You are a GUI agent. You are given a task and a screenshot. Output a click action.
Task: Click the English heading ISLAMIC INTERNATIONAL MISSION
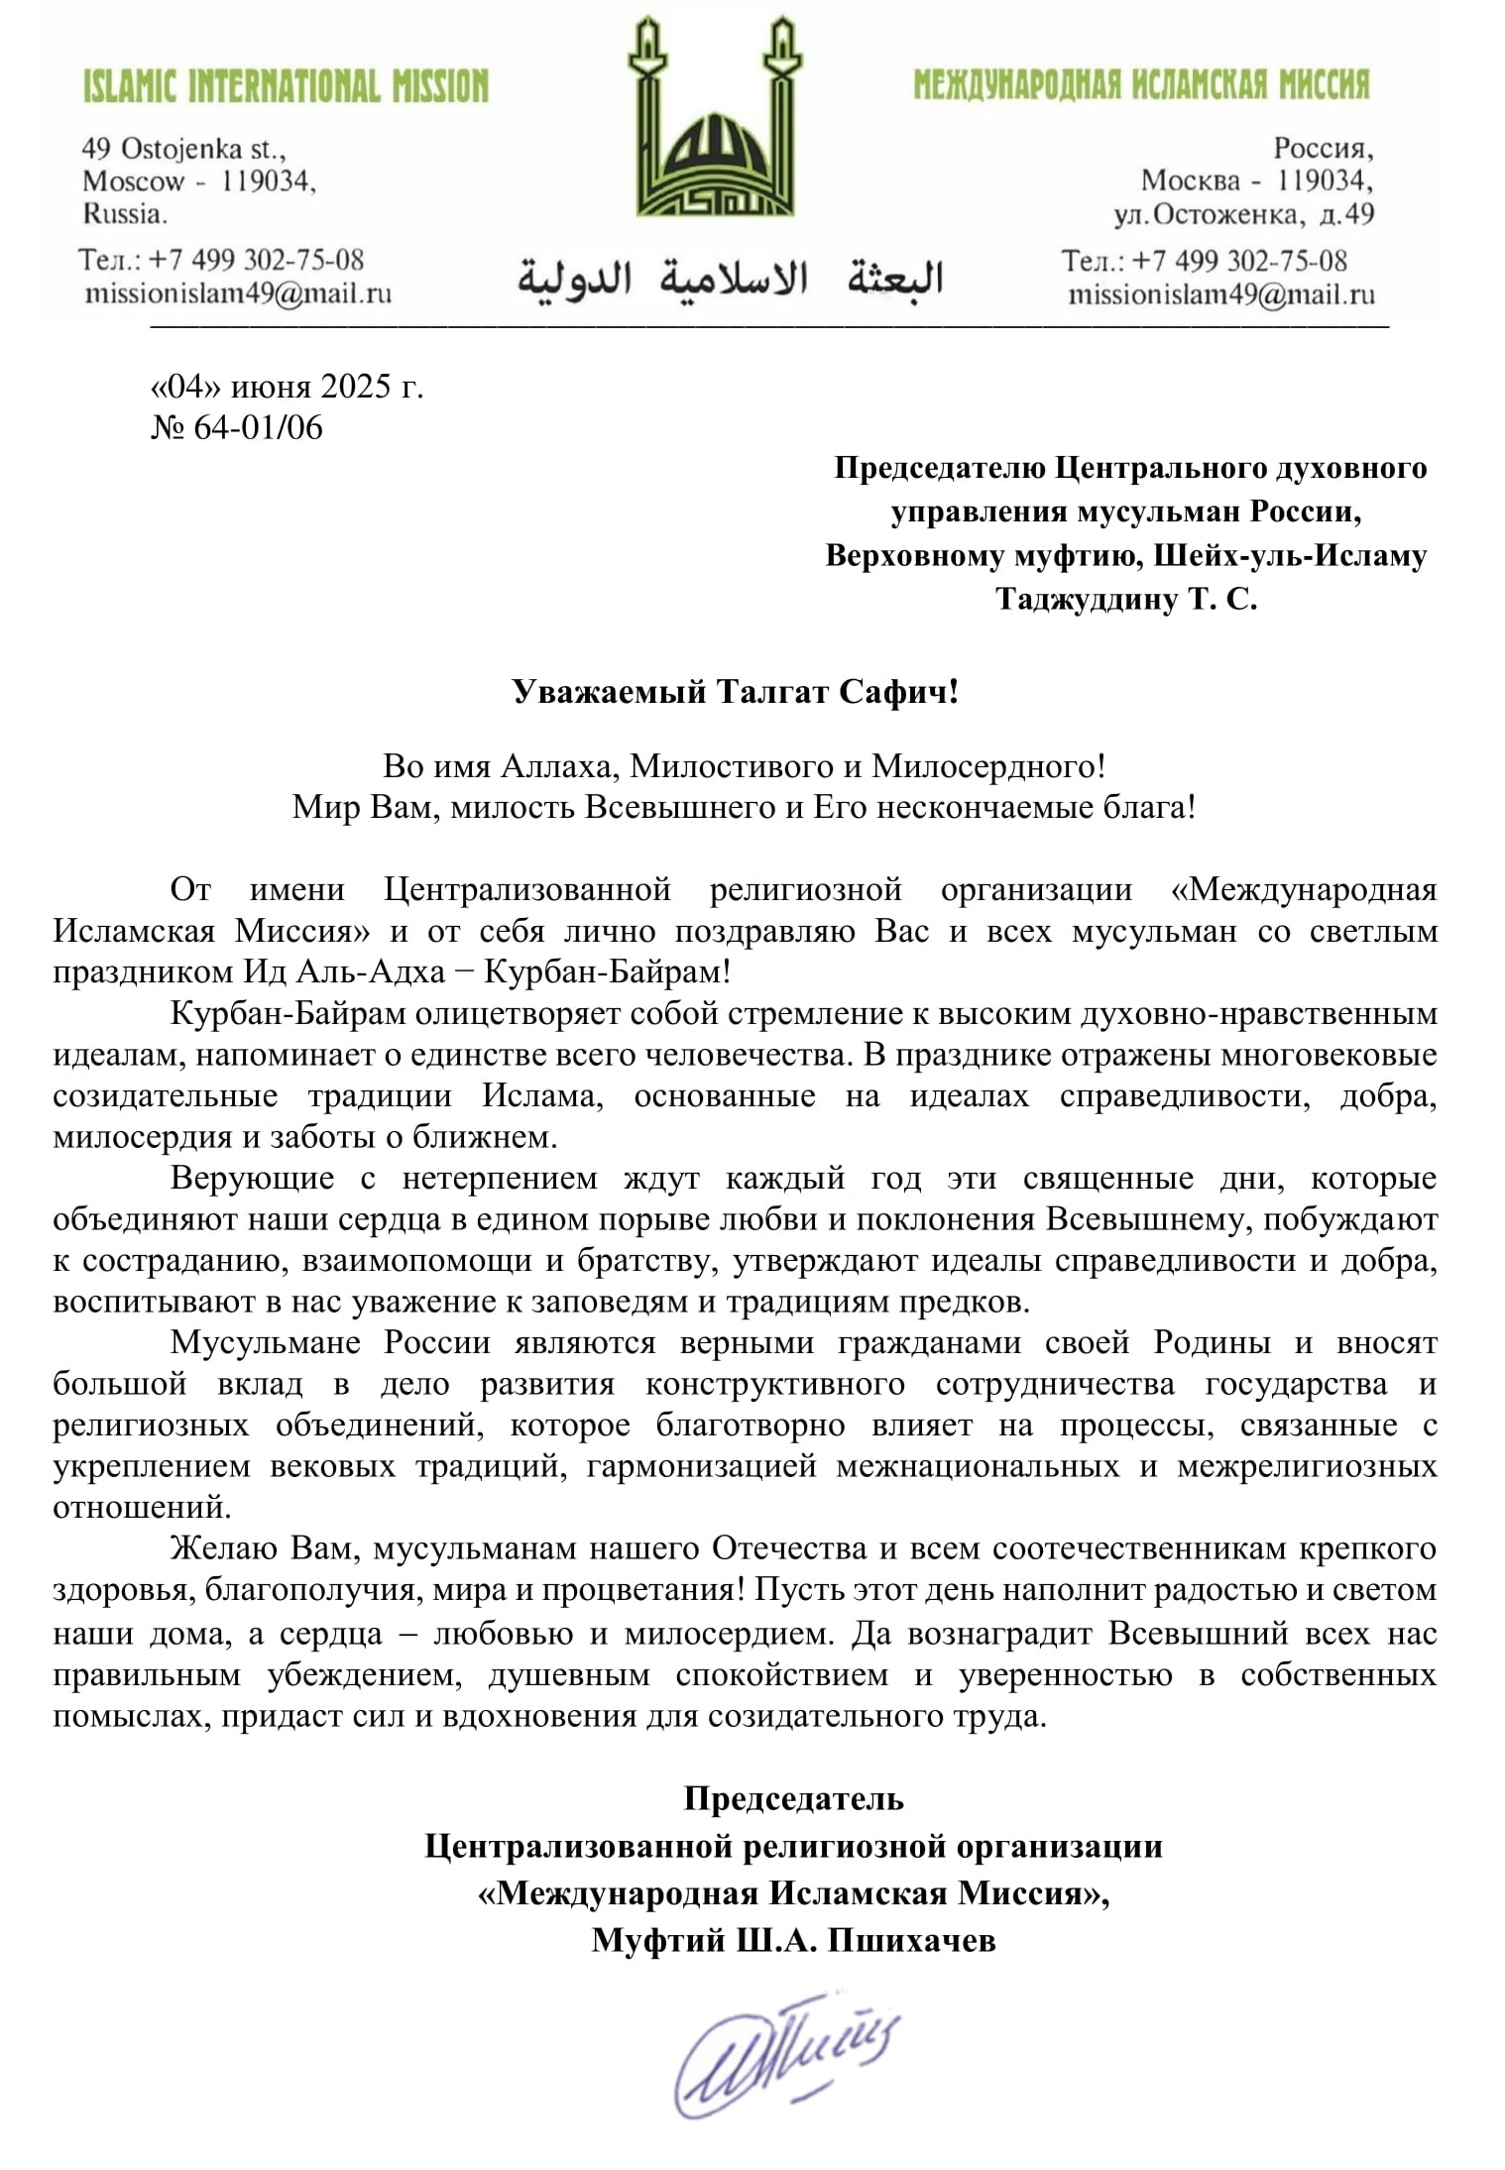[x=286, y=87]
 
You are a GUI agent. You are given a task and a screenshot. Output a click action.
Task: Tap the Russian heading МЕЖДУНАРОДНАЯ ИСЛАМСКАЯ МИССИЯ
[x=1141, y=85]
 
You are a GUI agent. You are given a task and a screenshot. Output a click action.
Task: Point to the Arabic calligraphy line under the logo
[x=729, y=279]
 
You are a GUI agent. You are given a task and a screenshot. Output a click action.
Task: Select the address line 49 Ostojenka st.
[x=183, y=150]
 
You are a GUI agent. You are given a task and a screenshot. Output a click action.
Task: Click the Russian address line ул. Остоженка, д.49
[x=1243, y=214]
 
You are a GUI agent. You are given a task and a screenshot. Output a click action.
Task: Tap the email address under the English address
[x=238, y=293]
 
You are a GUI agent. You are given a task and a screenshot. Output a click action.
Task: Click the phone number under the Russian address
[x=1204, y=261]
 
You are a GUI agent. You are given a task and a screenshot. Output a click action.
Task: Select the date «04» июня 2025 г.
[x=287, y=386]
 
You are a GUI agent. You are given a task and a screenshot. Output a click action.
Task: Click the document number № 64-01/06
[x=237, y=427]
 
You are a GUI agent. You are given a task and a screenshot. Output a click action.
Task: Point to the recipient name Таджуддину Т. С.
[x=1126, y=599]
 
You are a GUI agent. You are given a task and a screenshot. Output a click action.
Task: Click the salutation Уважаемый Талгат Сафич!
[x=736, y=691]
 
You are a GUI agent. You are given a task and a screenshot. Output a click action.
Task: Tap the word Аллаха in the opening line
[x=560, y=765]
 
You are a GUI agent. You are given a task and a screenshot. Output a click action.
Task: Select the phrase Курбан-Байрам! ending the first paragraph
[x=607, y=971]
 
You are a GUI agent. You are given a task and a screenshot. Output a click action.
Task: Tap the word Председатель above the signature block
[x=793, y=1798]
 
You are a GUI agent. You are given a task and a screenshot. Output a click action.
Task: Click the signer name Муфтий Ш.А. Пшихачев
[x=793, y=1940]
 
